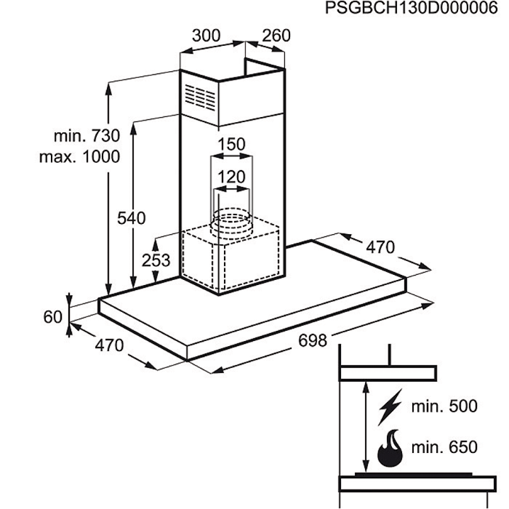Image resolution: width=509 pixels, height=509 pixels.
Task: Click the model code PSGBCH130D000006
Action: pyautogui.click(x=412, y=8)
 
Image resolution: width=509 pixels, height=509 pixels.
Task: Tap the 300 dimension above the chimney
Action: pyautogui.click(x=206, y=36)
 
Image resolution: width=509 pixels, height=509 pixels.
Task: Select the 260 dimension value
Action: pyautogui.click(x=276, y=36)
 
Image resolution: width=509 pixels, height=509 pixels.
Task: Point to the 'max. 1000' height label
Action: pyautogui.click(x=79, y=157)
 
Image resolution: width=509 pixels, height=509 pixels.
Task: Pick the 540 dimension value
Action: pyautogui.click(x=132, y=218)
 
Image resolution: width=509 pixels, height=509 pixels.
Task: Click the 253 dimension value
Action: pyautogui.click(x=156, y=260)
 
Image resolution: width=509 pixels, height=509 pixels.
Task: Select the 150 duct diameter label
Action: pyautogui.click(x=231, y=144)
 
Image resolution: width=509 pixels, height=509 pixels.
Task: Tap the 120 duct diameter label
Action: pyautogui.click(x=231, y=177)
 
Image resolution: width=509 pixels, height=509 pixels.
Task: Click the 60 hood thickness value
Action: pyautogui.click(x=52, y=317)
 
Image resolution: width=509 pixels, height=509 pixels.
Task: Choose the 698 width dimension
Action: pyautogui.click(x=313, y=341)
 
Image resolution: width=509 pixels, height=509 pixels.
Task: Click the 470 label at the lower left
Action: pyautogui.click(x=109, y=345)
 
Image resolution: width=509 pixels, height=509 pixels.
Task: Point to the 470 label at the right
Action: pyautogui.click(x=380, y=247)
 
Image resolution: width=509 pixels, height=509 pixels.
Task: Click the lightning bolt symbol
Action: pyautogui.click(x=390, y=407)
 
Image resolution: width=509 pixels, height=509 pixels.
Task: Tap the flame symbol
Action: pyautogui.click(x=390, y=449)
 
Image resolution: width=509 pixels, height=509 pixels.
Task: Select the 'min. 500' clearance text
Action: pyautogui.click(x=444, y=406)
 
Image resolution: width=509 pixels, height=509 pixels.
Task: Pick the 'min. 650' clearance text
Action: pyautogui.click(x=444, y=447)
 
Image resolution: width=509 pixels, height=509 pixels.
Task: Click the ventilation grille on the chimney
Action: pyautogui.click(x=200, y=97)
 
